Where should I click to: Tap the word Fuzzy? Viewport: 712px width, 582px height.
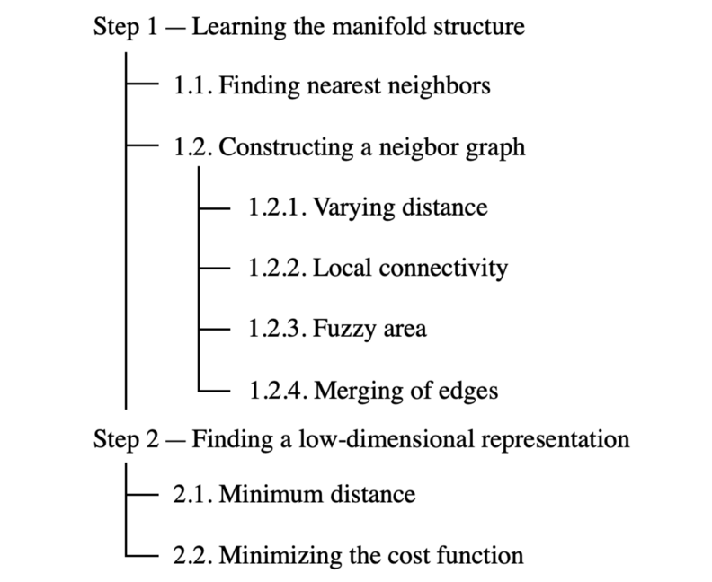click(x=343, y=330)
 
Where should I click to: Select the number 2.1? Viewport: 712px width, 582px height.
click(x=191, y=494)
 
